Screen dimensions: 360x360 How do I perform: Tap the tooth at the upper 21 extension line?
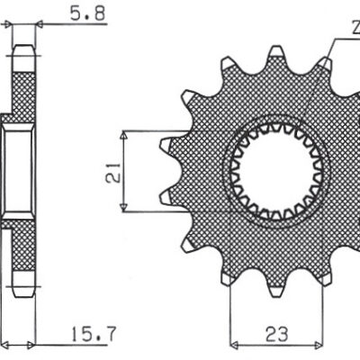point(167,142)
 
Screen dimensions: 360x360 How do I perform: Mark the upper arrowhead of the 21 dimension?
point(122,135)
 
